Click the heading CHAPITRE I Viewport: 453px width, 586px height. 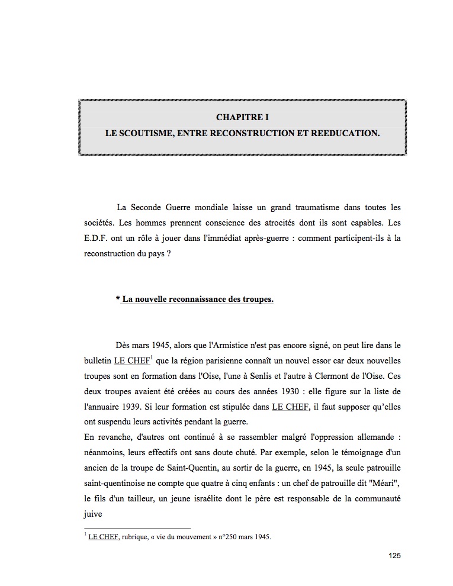(242, 118)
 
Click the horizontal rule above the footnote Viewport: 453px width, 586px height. (137, 527)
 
